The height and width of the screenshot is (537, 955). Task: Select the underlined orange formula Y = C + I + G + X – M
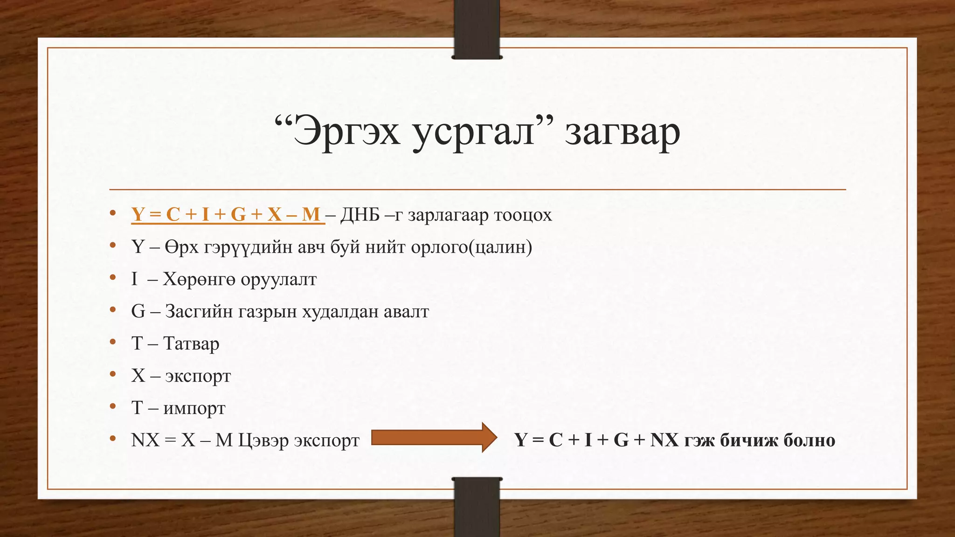pos(228,214)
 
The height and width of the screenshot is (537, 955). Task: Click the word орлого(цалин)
pos(471,247)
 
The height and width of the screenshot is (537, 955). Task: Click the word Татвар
pos(191,344)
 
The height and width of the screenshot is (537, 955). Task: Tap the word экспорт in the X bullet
pos(198,376)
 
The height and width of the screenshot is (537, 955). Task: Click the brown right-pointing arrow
pos(434,438)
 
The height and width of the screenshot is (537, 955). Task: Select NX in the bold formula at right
pos(664,440)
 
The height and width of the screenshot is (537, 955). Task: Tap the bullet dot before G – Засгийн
pos(112,310)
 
